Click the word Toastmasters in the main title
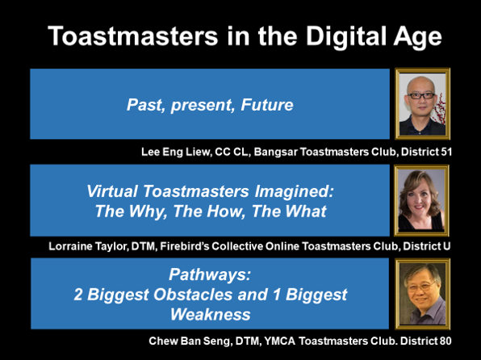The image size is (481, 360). click(x=133, y=36)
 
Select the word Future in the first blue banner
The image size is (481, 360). click(x=267, y=105)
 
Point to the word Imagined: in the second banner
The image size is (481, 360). click(x=294, y=192)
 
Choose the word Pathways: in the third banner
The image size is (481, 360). click(x=210, y=274)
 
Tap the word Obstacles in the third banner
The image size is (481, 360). click(x=193, y=295)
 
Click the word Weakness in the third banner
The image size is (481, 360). click(x=211, y=315)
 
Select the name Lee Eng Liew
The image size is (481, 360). click(x=175, y=152)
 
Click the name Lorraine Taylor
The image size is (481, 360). click(x=87, y=246)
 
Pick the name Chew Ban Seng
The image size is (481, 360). click(x=189, y=341)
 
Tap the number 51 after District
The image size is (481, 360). click(x=446, y=152)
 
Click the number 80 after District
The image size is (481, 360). click(x=445, y=341)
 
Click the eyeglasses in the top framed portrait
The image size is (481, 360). click(x=421, y=96)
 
